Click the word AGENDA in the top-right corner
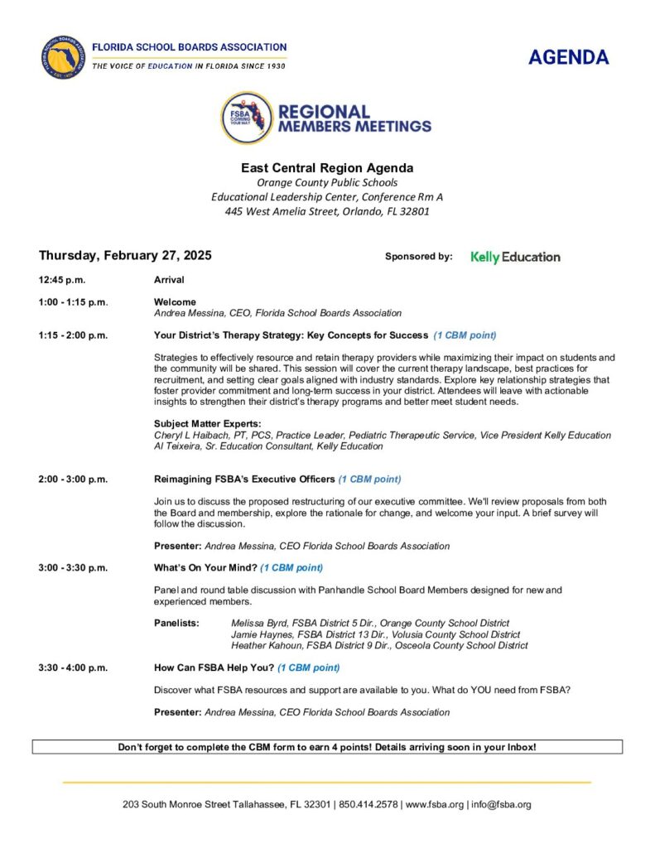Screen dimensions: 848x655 568,57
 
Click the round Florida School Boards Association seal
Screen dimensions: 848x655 63,57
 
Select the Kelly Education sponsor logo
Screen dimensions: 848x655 515,257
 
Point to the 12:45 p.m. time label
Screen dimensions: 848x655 62,280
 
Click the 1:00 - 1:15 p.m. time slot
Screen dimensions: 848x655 73,302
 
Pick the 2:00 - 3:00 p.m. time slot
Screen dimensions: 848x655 73,479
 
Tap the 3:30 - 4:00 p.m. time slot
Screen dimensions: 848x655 73,667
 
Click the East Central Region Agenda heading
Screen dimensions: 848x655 327,168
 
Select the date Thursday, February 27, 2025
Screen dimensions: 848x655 125,256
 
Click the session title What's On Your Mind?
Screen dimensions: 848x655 205,567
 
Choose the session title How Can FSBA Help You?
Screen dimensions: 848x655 214,667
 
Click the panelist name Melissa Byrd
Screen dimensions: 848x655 259,623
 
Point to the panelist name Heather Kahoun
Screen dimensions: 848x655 265,645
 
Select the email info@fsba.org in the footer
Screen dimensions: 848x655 502,804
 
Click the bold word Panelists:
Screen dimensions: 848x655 176,623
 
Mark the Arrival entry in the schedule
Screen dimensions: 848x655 169,280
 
